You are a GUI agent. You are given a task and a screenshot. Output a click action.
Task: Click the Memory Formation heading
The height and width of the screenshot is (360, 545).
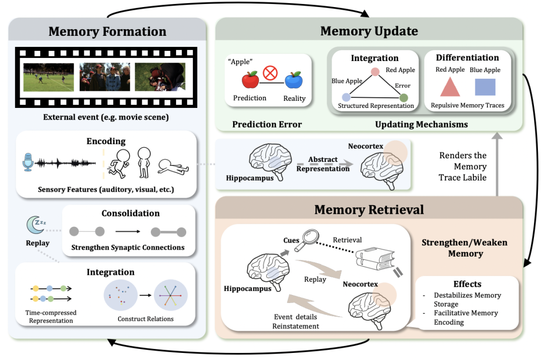click(x=107, y=32)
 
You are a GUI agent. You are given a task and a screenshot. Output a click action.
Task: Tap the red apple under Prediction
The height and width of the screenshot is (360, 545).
click(x=250, y=80)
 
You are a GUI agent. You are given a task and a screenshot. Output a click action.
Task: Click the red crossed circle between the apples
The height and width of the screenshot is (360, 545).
click(x=271, y=74)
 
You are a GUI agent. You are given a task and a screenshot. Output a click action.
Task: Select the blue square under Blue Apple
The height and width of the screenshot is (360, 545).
click(x=484, y=86)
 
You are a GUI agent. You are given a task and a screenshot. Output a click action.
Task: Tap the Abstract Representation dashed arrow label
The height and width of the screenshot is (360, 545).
click(x=323, y=164)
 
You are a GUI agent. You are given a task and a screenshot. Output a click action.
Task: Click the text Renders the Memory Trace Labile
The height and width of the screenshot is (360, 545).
click(x=463, y=166)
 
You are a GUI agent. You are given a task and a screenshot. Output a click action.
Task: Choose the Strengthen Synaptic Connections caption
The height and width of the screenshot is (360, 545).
click(x=128, y=247)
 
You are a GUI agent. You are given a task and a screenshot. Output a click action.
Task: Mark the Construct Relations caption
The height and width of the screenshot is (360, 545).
click(x=145, y=319)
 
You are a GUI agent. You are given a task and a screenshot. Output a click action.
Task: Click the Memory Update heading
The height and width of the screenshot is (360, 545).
click(x=369, y=31)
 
